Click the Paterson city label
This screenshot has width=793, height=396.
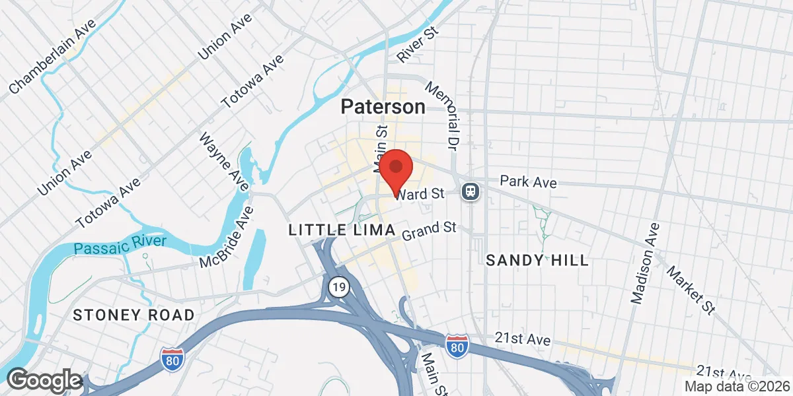coord(383,107)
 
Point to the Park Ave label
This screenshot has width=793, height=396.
coord(528,181)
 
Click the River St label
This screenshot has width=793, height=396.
coord(418,46)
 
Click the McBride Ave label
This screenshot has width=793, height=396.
coord(228,238)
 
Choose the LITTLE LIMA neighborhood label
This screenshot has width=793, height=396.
coord(342,230)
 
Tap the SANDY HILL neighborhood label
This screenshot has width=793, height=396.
coord(537,260)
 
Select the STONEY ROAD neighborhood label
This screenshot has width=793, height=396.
coord(133,315)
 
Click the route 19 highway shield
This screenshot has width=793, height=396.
coord(337,286)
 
